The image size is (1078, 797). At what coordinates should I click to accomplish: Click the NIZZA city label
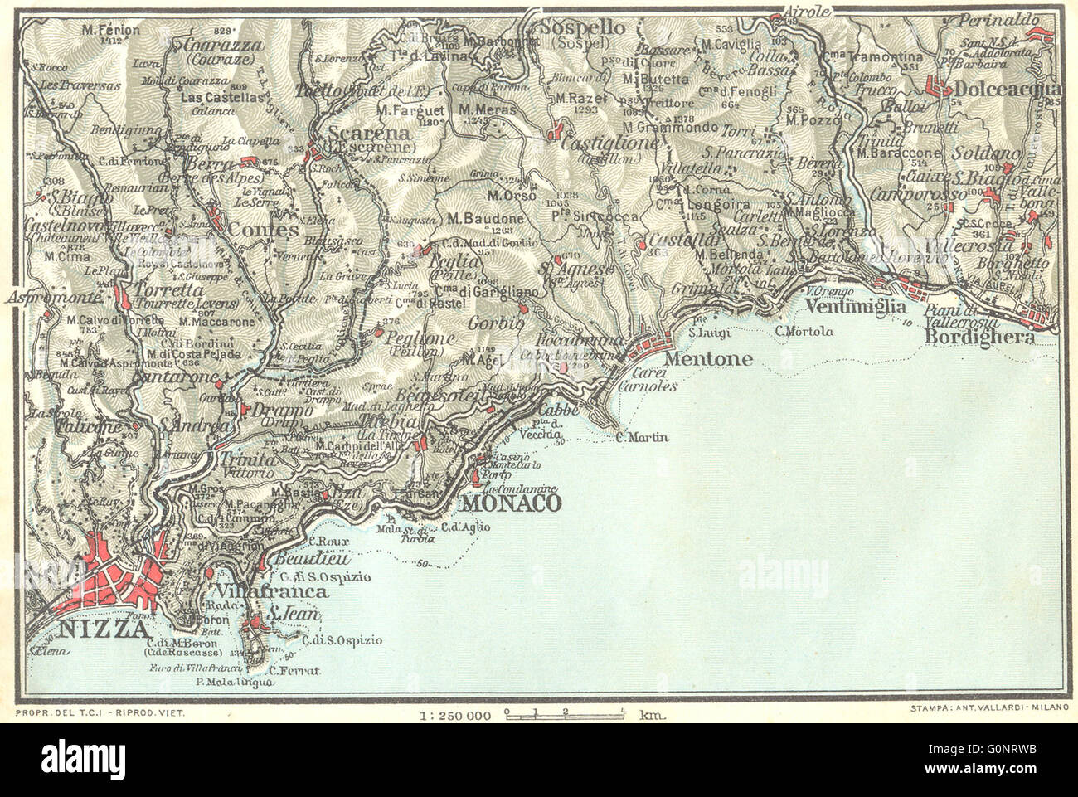coord(92,630)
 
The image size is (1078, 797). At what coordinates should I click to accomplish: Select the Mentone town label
coord(697,360)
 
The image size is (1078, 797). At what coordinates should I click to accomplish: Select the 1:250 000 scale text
coord(455,713)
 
